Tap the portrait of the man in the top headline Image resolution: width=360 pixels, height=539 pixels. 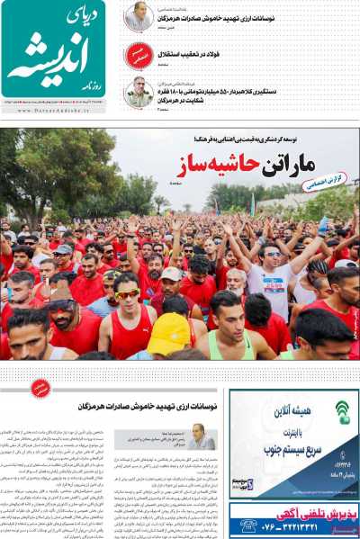tap(139, 16)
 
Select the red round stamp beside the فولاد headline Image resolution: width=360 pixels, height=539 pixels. tap(138, 56)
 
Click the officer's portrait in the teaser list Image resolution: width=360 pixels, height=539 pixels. tap(139, 92)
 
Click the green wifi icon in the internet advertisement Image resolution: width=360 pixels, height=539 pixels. tap(342, 411)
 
